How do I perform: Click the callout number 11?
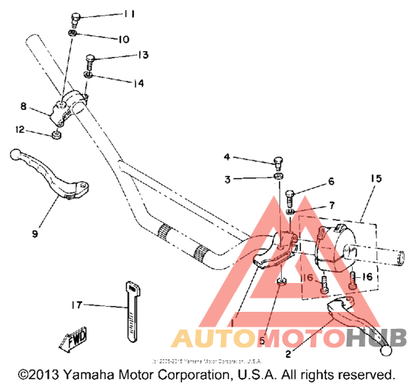(x=129, y=14)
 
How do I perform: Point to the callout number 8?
(x=24, y=105)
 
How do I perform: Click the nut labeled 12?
(x=56, y=135)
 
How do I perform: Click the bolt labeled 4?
(x=278, y=162)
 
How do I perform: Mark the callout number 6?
(x=331, y=181)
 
